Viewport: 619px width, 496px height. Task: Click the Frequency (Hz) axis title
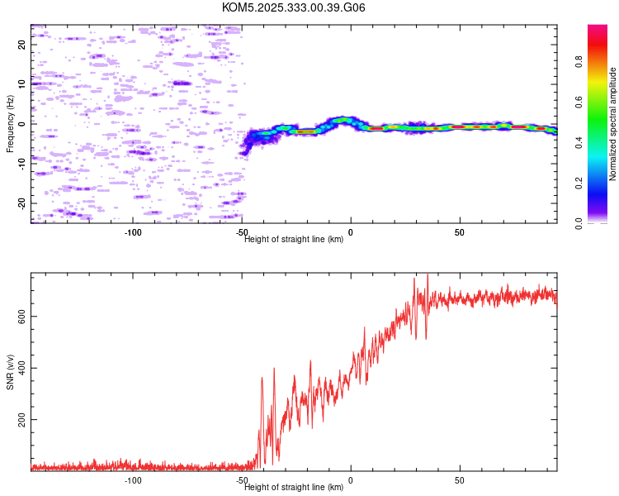[10, 124]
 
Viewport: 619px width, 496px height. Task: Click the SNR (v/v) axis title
[10, 371]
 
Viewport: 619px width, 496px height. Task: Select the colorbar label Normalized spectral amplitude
[612, 124]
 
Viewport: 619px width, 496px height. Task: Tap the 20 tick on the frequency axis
[22, 45]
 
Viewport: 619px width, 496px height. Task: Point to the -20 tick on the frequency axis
[22, 203]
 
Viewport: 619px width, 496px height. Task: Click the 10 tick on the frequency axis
[22, 84]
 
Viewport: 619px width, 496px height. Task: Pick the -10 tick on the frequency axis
[22, 164]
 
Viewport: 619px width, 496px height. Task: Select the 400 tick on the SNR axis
[22, 369]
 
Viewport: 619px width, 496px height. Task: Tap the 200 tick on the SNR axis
[22, 420]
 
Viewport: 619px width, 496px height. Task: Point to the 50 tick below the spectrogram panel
[460, 231]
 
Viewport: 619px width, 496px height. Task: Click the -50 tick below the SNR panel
[242, 479]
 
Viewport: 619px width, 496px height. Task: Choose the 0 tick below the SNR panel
[351, 479]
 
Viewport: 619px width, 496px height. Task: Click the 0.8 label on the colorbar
[579, 62]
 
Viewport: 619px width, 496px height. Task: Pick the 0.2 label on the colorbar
[579, 183]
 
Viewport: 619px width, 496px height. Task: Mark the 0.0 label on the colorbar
[579, 222]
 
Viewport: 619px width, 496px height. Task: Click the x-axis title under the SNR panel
[294, 488]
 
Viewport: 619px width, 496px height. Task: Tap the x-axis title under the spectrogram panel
[294, 240]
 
